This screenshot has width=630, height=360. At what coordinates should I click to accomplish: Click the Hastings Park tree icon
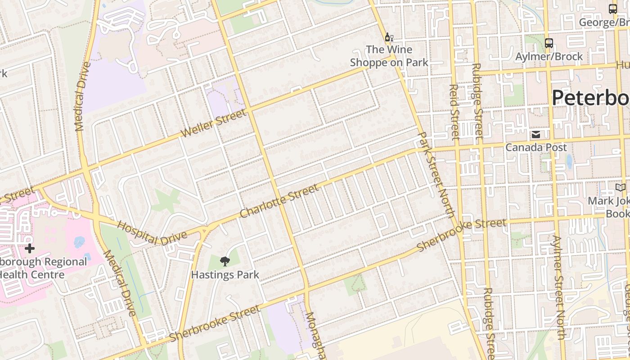pyautogui.click(x=225, y=261)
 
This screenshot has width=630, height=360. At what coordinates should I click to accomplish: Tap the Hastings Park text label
pyautogui.click(x=225, y=274)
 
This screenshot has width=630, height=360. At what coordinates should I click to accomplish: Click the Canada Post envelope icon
pyautogui.click(x=536, y=135)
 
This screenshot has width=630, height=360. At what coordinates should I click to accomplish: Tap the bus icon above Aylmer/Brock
pyautogui.click(x=549, y=43)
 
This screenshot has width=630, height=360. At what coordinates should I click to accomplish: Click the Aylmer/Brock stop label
pyautogui.click(x=549, y=57)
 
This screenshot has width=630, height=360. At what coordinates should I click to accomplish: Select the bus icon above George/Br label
pyautogui.click(x=612, y=9)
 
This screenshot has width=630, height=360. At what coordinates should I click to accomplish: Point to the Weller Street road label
pyautogui.click(x=214, y=124)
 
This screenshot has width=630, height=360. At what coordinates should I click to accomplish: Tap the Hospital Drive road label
pyautogui.click(x=152, y=232)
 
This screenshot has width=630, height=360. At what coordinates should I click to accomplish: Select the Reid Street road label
pyautogui.click(x=454, y=112)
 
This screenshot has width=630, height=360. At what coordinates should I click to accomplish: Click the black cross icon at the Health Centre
pyautogui.click(x=30, y=248)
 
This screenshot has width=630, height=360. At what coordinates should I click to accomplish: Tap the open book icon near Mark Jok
pyautogui.click(x=621, y=188)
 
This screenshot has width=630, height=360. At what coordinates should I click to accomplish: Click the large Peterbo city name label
pyautogui.click(x=590, y=98)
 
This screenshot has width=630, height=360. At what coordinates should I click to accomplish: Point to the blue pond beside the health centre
pyautogui.click(x=80, y=242)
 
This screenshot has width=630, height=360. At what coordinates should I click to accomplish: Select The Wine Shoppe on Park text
pyautogui.click(x=389, y=56)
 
